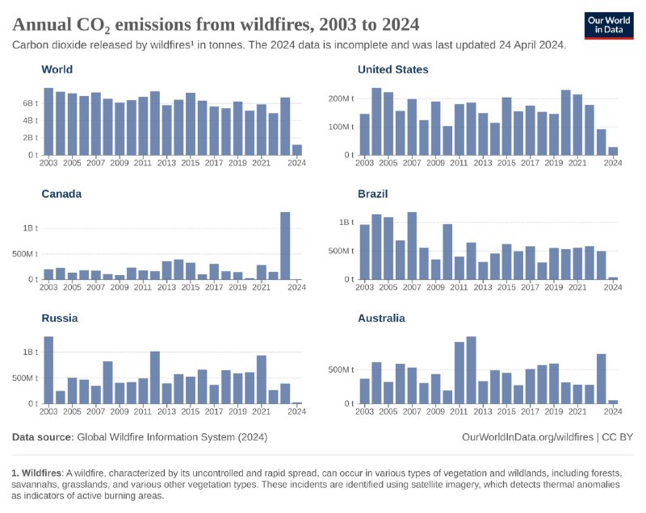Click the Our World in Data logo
click(x=608, y=24)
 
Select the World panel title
click(x=57, y=69)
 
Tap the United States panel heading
click(x=392, y=69)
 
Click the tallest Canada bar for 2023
click(x=285, y=246)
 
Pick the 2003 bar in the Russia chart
click(x=48, y=369)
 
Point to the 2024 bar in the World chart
click(x=297, y=150)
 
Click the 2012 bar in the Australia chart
click(x=471, y=370)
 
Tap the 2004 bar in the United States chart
click(x=376, y=121)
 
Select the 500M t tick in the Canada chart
click(x=23, y=254)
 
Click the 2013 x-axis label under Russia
click(x=166, y=411)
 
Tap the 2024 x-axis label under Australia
click(x=613, y=411)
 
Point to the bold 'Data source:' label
click(x=43, y=436)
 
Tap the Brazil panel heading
click(x=375, y=194)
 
